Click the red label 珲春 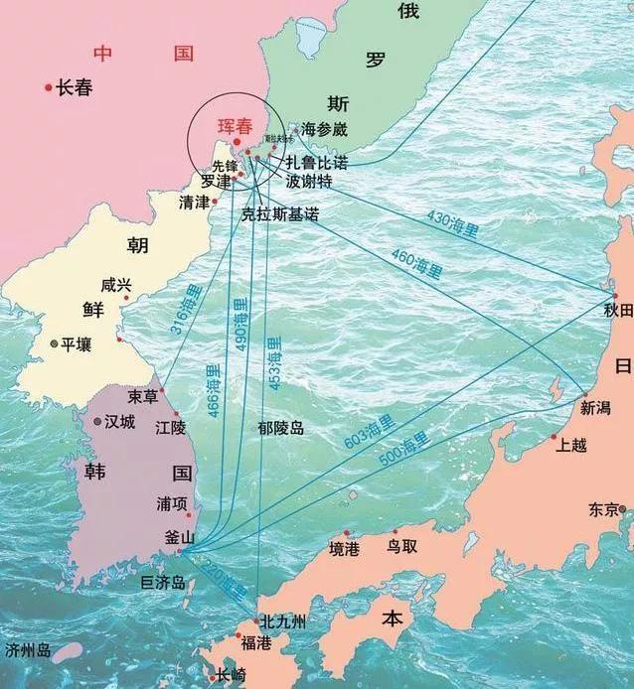[x=237, y=127]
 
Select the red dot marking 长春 [x=48, y=88]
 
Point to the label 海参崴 [x=324, y=129]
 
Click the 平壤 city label [x=76, y=344]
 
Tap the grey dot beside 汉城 [x=97, y=422]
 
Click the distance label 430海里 [x=452, y=225]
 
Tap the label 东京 [x=603, y=509]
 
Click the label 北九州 [x=283, y=622]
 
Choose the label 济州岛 [x=28, y=651]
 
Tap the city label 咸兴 [x=116, y=285]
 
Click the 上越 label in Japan [x=571, y=445]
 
